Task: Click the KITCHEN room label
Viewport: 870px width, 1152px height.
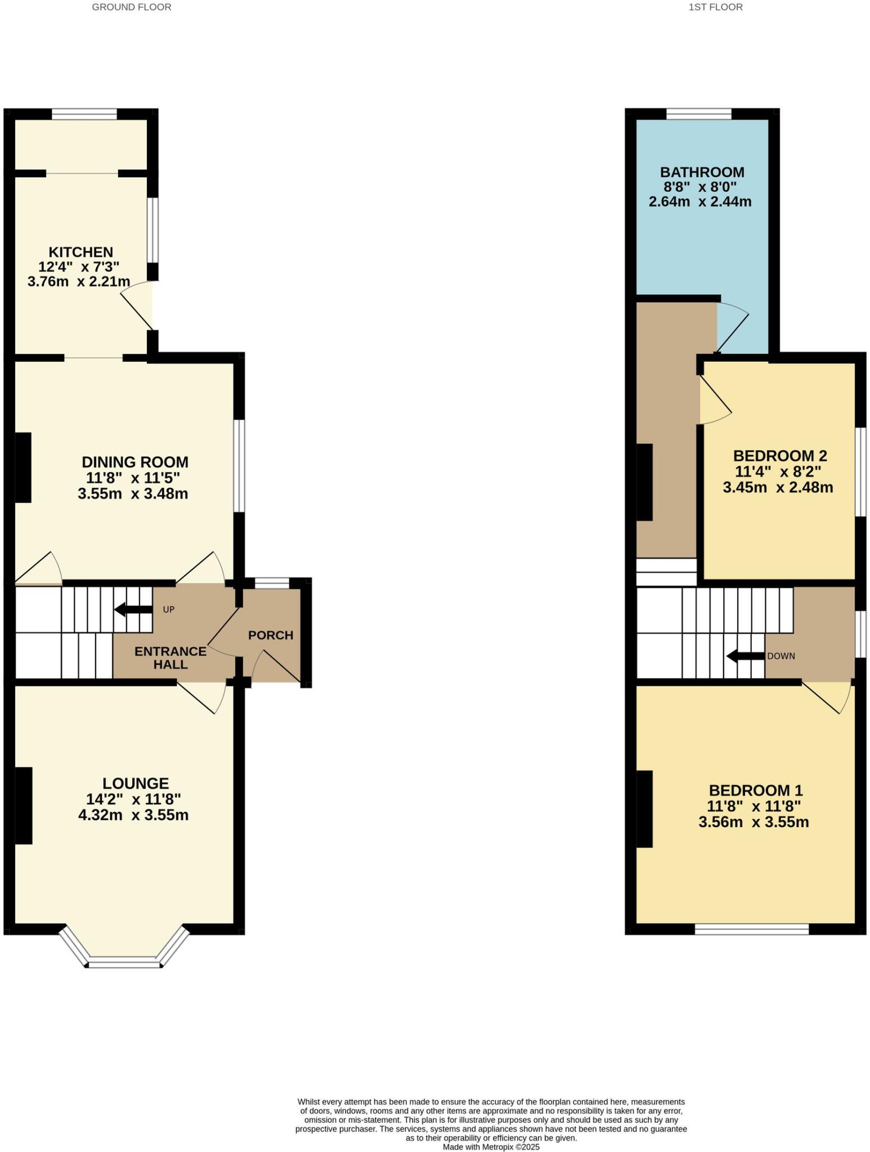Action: click(x=80, y=252)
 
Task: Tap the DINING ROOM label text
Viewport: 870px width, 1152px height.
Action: click(x=135, y=462)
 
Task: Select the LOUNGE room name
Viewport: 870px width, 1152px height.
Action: click(x=136, y=783)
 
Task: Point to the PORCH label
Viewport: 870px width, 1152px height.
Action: click(x=271, y=635)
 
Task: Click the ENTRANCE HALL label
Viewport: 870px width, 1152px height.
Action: click(x=171, y=658)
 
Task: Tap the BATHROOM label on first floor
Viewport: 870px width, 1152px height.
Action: click(x=702, y=172)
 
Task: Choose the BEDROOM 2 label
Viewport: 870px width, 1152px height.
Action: click(x=779, y=456)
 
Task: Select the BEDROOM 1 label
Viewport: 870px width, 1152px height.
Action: click(x=755, y=790)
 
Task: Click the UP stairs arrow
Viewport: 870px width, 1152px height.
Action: click(x=133, y=609)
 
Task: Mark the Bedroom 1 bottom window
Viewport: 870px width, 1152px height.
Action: click(x=751, y=929)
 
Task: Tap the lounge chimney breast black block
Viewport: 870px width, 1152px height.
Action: click(x=23, y=805)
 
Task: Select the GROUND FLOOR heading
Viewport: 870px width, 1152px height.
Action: click(x=132, y=7)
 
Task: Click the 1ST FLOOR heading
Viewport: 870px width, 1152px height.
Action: click(x=715, y=7)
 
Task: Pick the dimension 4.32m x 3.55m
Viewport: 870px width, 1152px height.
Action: click(x=133, y=815)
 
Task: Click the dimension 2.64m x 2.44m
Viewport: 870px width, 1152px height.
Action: click(x=700, y=201)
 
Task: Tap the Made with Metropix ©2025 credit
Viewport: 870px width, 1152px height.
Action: click(x=491, y=1147)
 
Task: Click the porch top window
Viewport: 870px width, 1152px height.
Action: click(x=271, y=583)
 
